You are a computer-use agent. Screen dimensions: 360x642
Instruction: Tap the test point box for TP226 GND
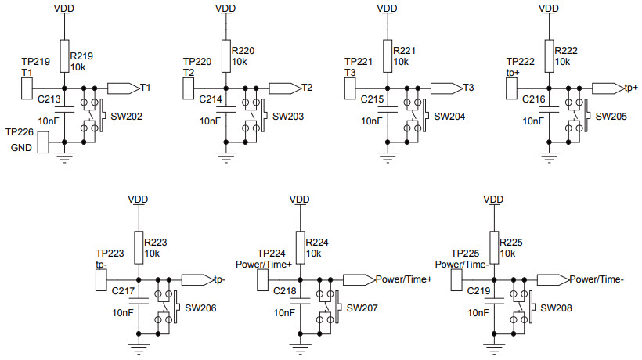coord(42,142)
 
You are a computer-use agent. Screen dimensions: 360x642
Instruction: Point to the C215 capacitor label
coord(373,99)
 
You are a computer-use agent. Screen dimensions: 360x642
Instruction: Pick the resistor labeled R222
coord(549,55)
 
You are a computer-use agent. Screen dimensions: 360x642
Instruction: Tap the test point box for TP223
coord(100,279)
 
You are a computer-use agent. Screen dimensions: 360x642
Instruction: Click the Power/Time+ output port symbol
coord(359,279)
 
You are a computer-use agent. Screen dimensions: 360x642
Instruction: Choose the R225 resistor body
coord(492,246)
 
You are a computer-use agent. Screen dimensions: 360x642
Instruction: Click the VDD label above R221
coord(387,9)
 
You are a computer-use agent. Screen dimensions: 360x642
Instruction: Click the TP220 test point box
coord(188,88)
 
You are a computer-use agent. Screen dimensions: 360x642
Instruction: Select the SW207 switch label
coord(362,308)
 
